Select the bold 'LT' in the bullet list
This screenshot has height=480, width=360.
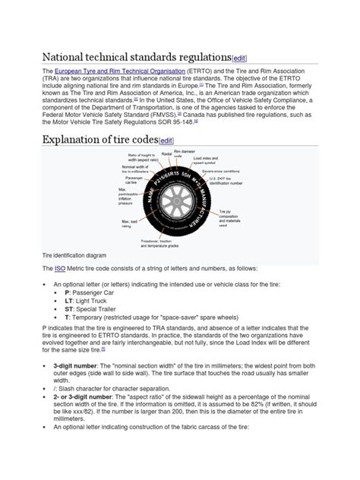(69, 302)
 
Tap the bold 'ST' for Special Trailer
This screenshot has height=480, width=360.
(69, 311)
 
